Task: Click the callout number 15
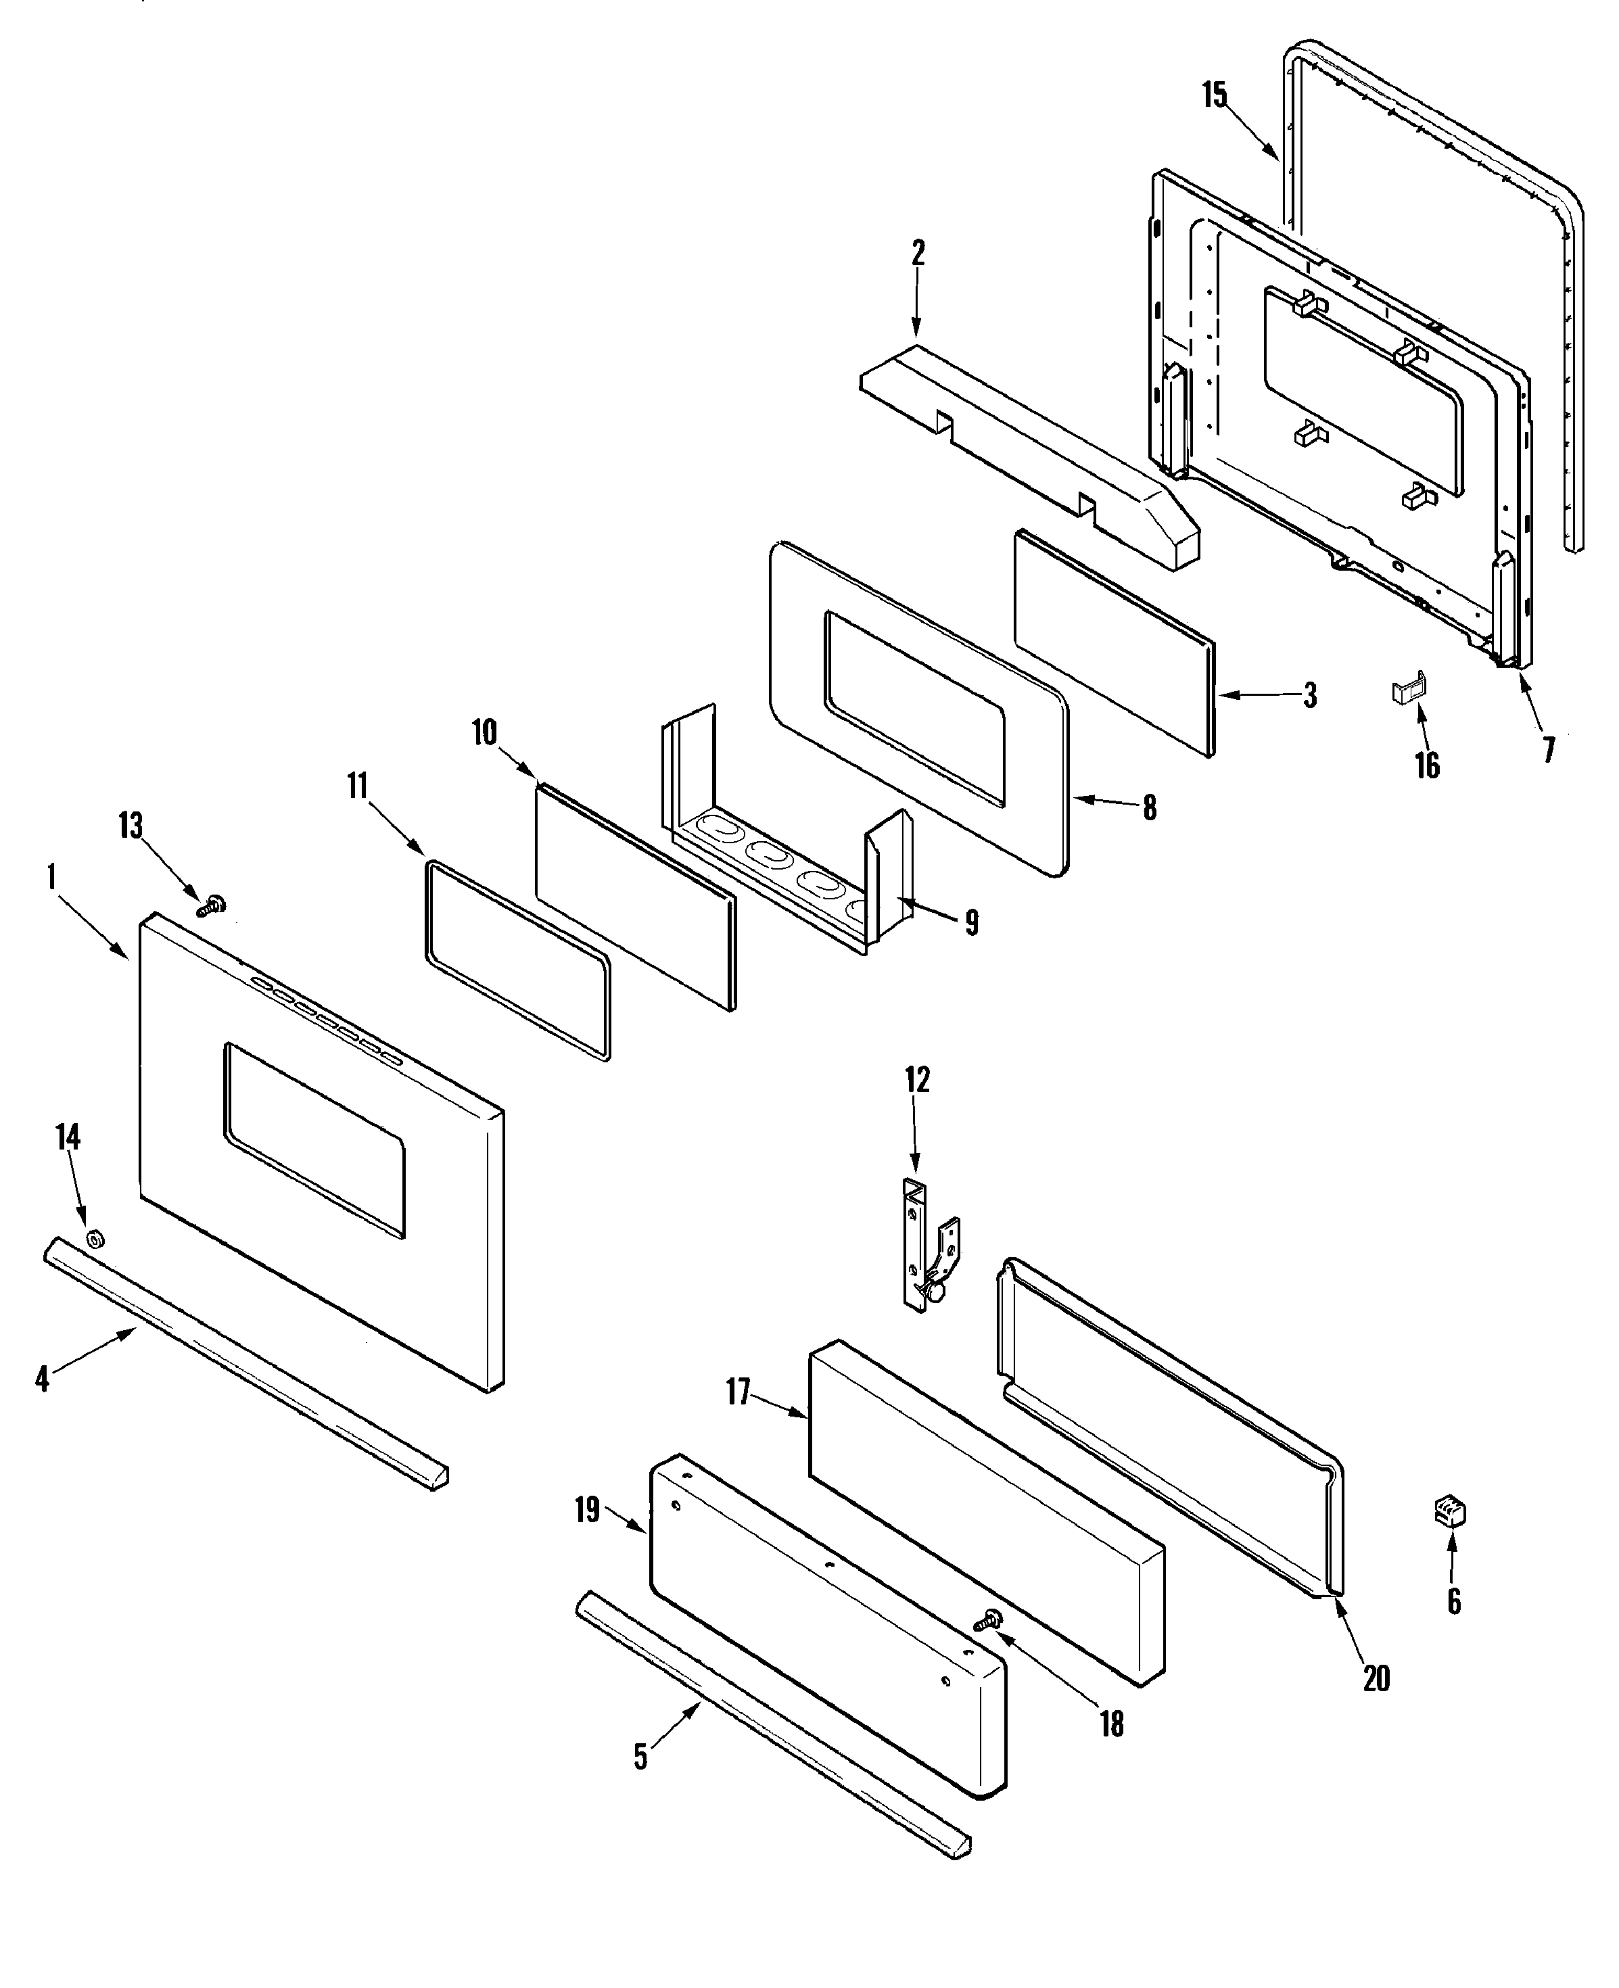point(1215,95)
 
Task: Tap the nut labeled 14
point(94,1240)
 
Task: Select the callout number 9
point(972,922)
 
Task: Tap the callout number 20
point(1376,1678)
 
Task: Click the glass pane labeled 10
point(634,895)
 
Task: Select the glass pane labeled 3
point(1114,644)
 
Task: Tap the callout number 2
point(918,254)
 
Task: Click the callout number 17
point(738,1393)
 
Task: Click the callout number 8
point(1150,807)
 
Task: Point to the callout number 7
point(1549,750)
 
